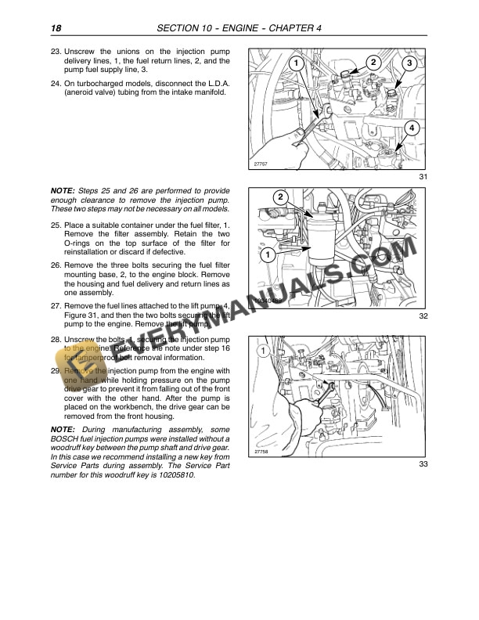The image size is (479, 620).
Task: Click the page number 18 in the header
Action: point(56,29)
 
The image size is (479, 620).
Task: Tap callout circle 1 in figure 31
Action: point(296,63)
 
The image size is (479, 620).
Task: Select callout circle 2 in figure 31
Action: point(373,62)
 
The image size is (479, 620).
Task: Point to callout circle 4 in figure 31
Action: point(412,128)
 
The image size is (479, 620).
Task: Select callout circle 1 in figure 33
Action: point(263,350)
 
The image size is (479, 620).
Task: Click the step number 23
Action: point(56,51)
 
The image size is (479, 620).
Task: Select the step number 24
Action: point(56,83)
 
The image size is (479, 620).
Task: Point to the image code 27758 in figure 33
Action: point(261,452)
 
